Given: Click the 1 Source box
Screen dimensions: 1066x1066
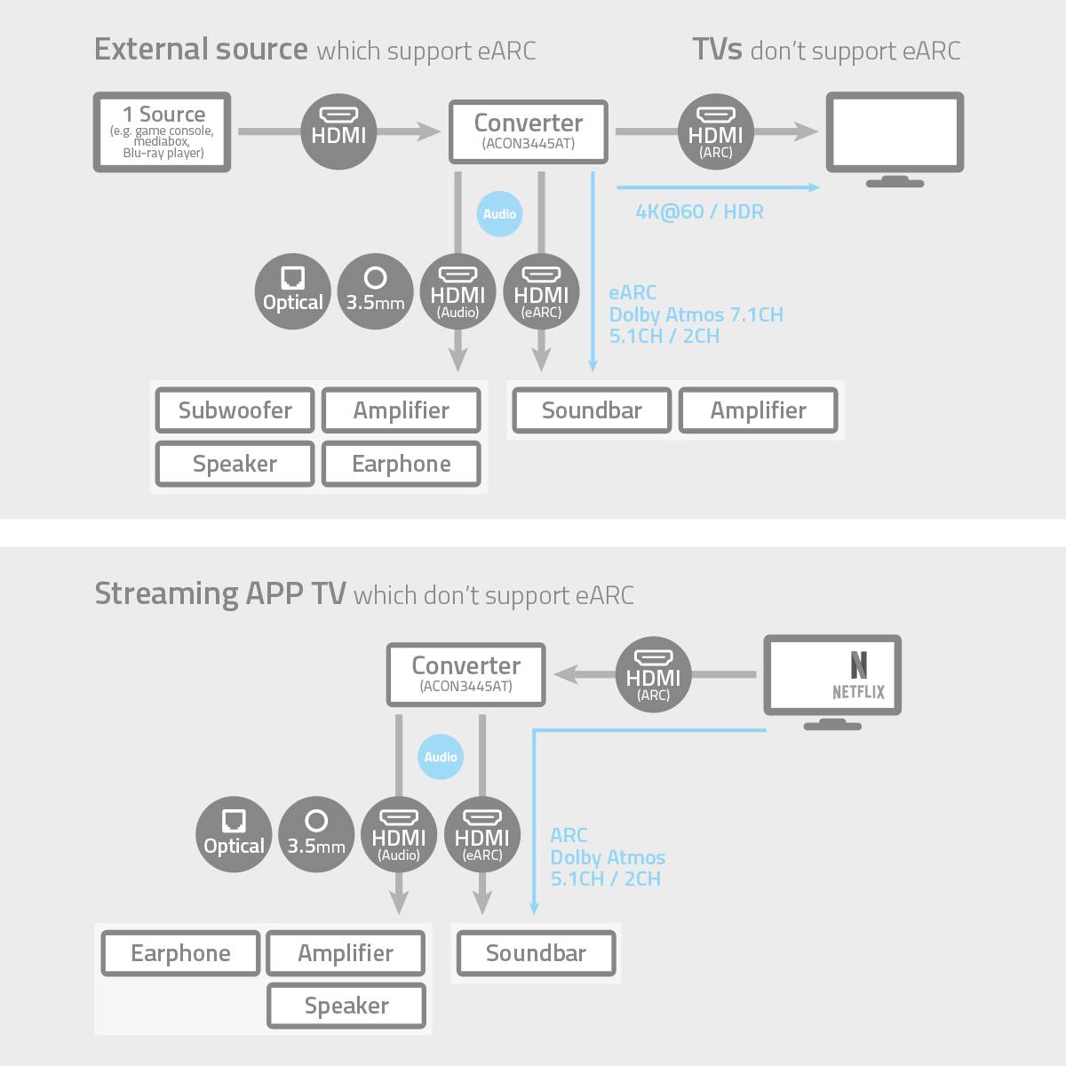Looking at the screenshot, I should (x=163, y=132).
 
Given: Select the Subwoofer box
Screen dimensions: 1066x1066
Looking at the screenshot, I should (x=235, y=410).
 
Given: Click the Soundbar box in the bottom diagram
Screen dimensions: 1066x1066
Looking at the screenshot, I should (x=536, y=953).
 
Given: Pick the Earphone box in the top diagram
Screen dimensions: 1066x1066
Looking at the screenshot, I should (x=402, y=464).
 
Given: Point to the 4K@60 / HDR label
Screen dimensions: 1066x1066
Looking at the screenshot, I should (x=699, y=211).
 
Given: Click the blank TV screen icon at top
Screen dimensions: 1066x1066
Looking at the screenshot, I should (x=895, y=131).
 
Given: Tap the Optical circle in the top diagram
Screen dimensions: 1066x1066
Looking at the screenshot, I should (x=292, y=291).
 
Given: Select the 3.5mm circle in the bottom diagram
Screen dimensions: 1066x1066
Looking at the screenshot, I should (x=316, y=834).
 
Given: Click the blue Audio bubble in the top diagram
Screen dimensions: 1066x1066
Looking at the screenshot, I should (x=499, y=214).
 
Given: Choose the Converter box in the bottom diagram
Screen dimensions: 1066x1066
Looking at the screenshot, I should (x=466, y=675).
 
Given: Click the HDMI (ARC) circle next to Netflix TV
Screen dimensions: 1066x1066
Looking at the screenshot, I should (x=654, y=675).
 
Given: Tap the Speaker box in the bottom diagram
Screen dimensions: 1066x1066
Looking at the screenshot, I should (x=346, y=1006).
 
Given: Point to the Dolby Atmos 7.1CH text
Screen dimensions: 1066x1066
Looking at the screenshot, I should (x=696, y=314).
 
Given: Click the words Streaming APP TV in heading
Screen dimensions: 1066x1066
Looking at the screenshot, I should (x=220, y=593).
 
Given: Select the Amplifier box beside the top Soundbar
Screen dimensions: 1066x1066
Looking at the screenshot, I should (x=758, y=410).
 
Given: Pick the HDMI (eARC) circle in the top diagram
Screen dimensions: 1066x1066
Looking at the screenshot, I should (x=541, y=291).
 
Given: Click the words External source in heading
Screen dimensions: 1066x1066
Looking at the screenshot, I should (x=201, y=49).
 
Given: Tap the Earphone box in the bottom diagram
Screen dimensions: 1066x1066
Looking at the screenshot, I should (x=180, y=953).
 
